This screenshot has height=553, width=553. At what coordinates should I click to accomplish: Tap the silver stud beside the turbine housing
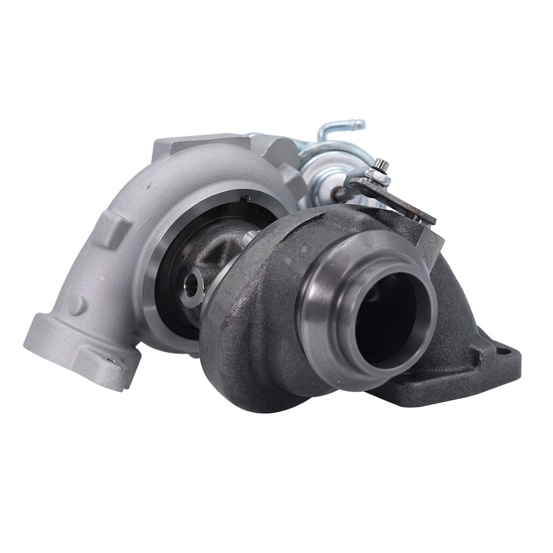tap(249, 237)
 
